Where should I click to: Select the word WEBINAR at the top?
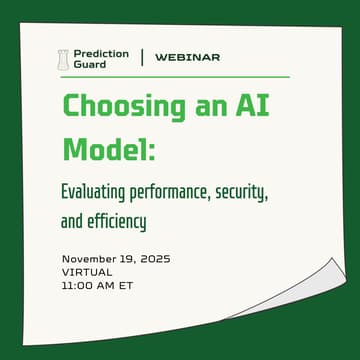tap(187, 58)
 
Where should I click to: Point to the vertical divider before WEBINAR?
tap(142, 58)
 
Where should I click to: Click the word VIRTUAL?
tap(88, 271)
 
